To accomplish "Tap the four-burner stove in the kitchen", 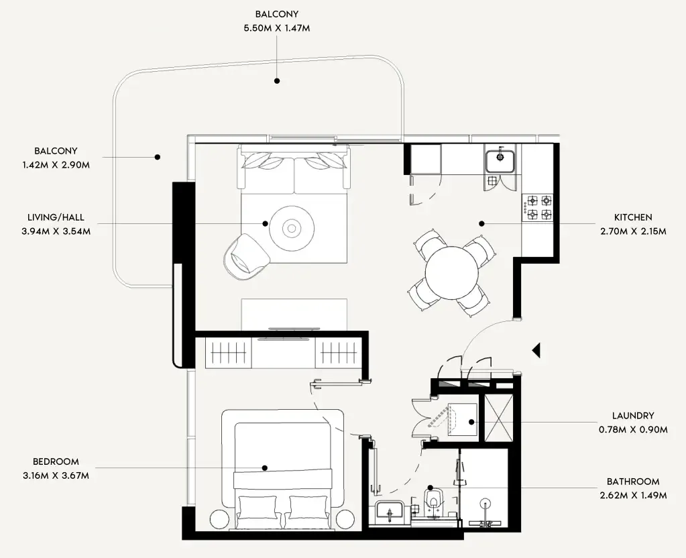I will (538, 207).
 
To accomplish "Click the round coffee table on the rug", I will (292, 228).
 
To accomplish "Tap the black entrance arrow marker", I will (536, 349).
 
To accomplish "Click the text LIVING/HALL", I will (56, 218).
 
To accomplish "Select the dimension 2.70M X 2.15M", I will (632, 231).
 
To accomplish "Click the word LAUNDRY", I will (632, 416).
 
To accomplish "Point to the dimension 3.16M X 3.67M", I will (56, 476).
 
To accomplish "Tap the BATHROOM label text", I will (632, 482).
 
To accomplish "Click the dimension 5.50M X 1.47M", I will (276, 28).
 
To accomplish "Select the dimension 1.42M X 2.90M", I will (56, 164).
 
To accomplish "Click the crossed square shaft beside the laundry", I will (498, 419).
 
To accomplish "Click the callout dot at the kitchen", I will (481, 223).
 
